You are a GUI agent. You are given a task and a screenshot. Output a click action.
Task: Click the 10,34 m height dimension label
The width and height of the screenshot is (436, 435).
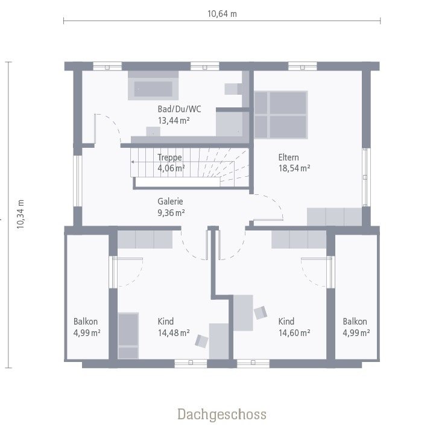point(20,214)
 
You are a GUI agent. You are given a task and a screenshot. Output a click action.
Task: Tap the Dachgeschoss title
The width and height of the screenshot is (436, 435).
point(221,414)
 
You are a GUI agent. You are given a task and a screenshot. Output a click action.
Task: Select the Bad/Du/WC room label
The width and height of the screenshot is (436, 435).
point(179,109)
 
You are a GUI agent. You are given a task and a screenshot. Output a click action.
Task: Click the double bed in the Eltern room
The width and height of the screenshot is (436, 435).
point(280,115)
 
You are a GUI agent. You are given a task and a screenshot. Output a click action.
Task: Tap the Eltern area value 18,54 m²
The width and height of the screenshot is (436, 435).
point(294,169)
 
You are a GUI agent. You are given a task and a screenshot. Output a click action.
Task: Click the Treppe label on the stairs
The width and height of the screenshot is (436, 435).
point(169,157)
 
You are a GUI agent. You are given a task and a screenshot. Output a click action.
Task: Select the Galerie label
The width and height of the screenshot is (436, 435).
point(171,202)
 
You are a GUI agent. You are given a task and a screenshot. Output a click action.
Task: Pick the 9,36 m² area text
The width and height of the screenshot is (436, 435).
point(171,212)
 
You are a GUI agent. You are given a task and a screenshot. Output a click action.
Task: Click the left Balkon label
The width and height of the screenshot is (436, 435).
point(86,322)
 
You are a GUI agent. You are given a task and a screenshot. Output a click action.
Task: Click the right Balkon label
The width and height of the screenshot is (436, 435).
point(355,322)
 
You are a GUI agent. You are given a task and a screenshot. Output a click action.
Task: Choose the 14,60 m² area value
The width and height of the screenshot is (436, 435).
point(294,332)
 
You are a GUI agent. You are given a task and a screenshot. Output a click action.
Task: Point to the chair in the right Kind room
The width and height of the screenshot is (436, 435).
point(261,313)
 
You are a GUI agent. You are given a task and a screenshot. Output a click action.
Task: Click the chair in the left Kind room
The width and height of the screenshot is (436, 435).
point(201,341)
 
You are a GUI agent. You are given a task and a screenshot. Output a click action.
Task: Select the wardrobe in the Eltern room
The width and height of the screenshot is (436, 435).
point(334,216)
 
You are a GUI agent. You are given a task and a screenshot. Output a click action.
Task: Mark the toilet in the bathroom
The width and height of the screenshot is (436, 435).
point(233,89)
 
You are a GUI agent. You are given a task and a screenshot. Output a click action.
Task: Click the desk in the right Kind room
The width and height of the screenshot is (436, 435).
point(243,313)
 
